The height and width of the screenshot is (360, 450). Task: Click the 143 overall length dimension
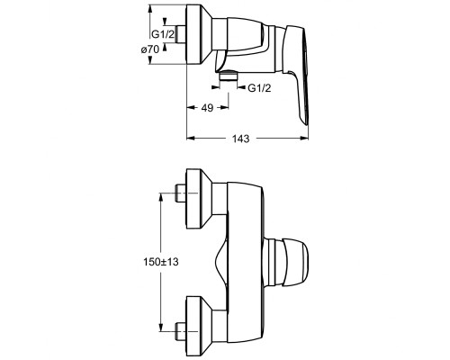[x=241, y=139]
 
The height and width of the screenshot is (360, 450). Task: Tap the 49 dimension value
[x=207, y=108]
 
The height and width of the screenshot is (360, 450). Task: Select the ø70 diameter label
[x=150, y=49]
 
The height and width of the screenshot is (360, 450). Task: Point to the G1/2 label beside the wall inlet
[x=163, y=34]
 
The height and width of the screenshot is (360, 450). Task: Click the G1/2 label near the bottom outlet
[x=259, y=88]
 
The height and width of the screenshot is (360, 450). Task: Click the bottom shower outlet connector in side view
[x=229, y=76]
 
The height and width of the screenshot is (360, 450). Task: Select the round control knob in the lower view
[x=285, y=262]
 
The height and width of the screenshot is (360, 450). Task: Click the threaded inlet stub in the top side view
[x=181, y=34]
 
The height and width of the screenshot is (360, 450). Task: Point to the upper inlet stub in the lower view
[x=181, y=193]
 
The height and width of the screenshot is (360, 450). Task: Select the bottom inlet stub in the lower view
[x=181, y=331]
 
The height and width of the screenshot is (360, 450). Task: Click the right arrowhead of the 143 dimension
[x=304, y=138]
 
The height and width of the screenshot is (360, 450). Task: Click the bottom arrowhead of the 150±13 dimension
[x=161, y=328]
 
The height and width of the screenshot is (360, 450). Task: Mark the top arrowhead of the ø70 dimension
[x=150, y=9]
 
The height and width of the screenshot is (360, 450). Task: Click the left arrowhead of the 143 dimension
[x=191, y=138]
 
